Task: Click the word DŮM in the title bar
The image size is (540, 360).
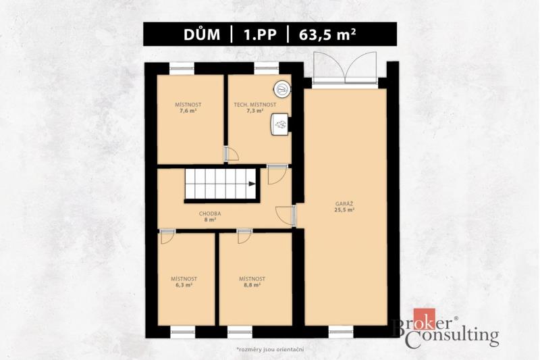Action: [x=201, y=34]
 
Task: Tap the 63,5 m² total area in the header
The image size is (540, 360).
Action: [x=327, y=34]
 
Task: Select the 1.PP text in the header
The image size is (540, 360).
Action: [x=260, y=35]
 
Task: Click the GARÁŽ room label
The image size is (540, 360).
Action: [x=344, y=204]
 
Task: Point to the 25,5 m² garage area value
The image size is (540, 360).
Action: [x=344, y=209]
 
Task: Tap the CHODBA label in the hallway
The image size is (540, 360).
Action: [x=210, y=213]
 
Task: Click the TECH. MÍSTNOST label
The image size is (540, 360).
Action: [x=255, y=105]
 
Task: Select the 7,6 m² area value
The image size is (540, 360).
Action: [x=188, y=111]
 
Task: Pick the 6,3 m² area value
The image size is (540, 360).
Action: [x=184, y=285]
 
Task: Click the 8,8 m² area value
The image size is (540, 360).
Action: [x=252, y=285]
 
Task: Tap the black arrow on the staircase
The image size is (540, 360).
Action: [x=252, y=184]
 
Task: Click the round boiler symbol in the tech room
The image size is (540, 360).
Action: [x=282, y=89]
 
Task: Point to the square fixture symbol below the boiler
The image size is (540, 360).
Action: [x=279, y=124]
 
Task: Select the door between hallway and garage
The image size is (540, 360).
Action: [x=286, y=216]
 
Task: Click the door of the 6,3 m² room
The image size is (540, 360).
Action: [x=167, y=236]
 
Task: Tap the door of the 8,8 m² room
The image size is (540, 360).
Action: [x=244, y=236]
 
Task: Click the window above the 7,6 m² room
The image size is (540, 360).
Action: [x=182, y=69]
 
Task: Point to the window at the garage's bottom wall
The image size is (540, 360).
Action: [x=341, y=332]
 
